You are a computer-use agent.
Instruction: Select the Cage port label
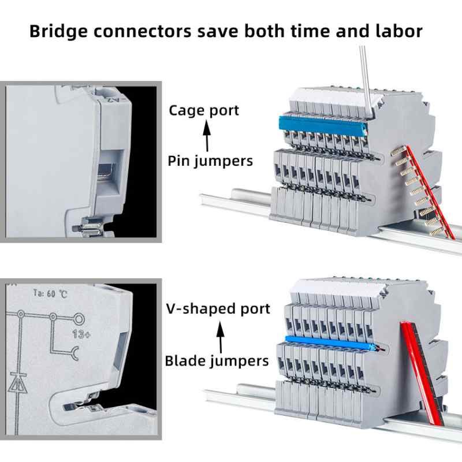(204, 110)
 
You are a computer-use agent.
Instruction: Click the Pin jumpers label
(210, 161)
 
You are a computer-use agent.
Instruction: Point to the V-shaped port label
(218, 309)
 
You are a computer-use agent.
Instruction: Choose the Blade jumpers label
(217, 361)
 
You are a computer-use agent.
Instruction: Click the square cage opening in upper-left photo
(112, 172)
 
